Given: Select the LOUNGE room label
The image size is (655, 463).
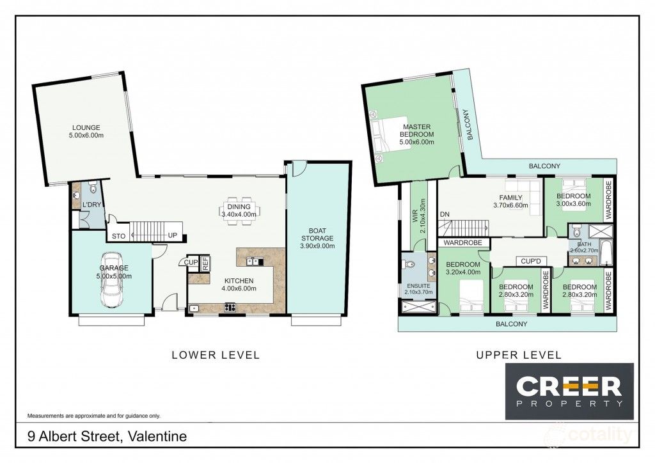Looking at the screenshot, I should (x=86, y=132).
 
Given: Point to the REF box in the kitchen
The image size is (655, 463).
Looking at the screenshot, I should (x=205, y=262).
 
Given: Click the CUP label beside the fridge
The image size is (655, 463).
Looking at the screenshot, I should (x=191, y=262).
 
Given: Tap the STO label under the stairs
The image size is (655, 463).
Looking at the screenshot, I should (x=119, y=236).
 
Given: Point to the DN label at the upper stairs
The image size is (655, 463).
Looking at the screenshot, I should (x=445, y=214).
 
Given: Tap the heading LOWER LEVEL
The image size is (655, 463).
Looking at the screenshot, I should (x=216, y=355).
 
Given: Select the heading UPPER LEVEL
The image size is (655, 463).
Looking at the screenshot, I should (x=518, y=355).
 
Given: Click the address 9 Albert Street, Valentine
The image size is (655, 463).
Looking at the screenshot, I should (x=107, y=437).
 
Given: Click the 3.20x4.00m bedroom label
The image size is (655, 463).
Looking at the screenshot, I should (x=463, y=269).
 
